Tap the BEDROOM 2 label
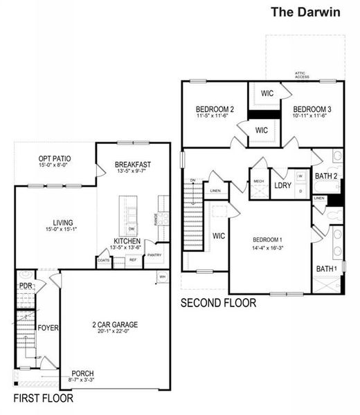coord(215,109)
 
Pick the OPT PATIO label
coord(54,159)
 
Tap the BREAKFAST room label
coord(133,164)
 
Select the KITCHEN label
coord(127,241)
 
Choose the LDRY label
coord(282,185)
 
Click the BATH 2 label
coord(325,176)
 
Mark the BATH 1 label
coord(325,268)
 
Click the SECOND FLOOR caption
coord(218,303)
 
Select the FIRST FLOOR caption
coord(44,399)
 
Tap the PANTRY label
coord(154,255)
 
